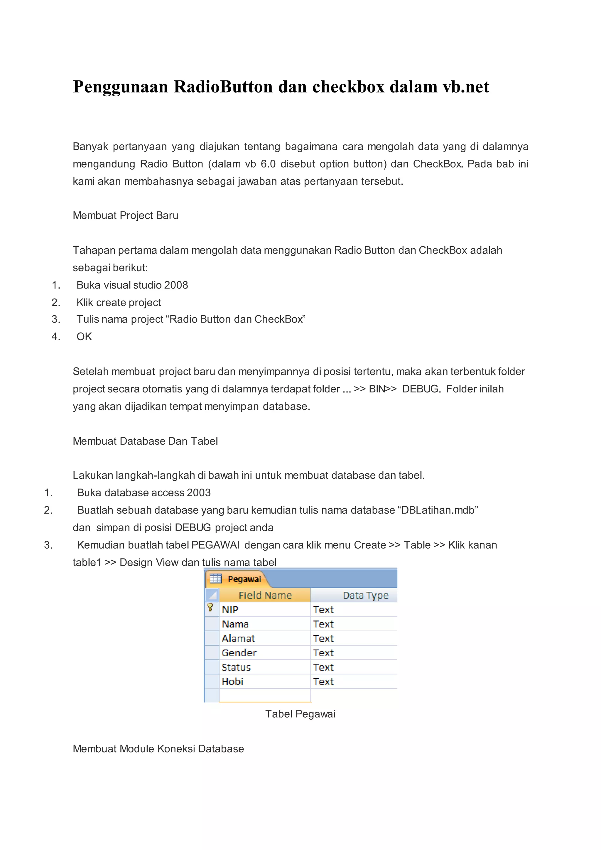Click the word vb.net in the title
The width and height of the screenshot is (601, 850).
tap(465, 87)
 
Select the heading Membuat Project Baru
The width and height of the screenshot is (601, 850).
tap(126, 215)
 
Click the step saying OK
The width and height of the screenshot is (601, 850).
tap(84, 337)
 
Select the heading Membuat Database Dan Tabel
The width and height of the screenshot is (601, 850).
tap(145, 441)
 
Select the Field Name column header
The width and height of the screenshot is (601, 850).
tap(265, 595)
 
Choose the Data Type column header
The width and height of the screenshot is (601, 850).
tap(365, 595)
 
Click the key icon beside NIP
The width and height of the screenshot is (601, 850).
tap(210, 608)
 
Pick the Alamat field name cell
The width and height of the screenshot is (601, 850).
tap(238, 639)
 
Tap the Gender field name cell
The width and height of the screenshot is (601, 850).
tap(239, 653)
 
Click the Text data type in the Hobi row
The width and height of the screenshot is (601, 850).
tap(323, 682)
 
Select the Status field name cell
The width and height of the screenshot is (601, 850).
tap(236, 667)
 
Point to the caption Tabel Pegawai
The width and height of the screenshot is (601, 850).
tap(300, 714)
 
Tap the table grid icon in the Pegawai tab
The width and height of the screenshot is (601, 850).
tap(216, 579)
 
